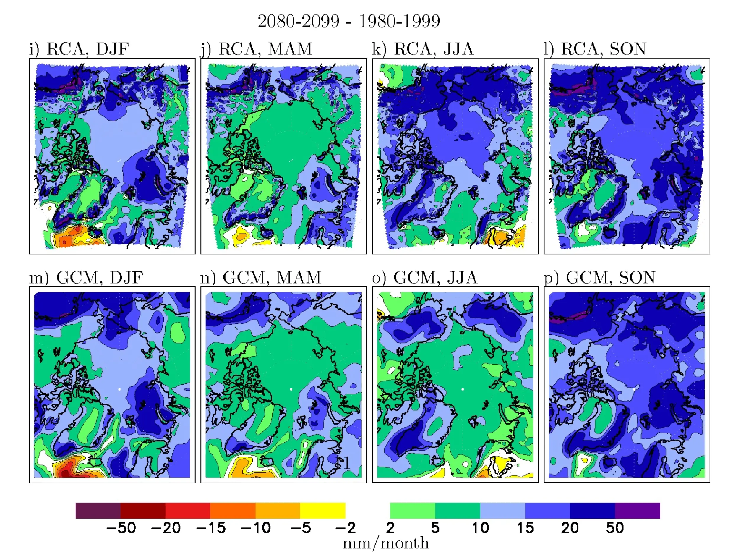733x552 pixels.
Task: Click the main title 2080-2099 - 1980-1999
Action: pyautogui.click(x=348, y=21)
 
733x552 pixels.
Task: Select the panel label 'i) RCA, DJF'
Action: pyautogui.click(x=79, y=49)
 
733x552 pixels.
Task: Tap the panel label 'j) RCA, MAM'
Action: pyautogui.click(x=257, y=49)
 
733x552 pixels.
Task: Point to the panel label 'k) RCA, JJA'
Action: pyautogui.click(x=423, y=49)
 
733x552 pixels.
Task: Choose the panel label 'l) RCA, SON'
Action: pyautogui.click(x=595, y=49)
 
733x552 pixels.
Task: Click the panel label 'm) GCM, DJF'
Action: pyautogui.click(x=86, y=278)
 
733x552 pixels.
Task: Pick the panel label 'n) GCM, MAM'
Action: pyautogui.click(x=261, y=278)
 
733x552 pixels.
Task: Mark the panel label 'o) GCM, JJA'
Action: pyautogui.click(x=425, y=278)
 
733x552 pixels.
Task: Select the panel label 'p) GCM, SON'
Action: pyautogui.click(x=599, y=278)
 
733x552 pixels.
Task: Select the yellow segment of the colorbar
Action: pyautogui.click(x=323, y=511)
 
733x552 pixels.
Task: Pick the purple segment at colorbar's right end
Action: pyautogui.click(x=637, y=511)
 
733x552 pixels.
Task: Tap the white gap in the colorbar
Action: pyautogui.click(x=367, y=511)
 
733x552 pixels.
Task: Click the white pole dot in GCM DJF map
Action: pyautogui.click(x=119, y=389)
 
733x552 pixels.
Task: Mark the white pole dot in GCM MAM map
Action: pyautogui.click(x=291, y=389)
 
